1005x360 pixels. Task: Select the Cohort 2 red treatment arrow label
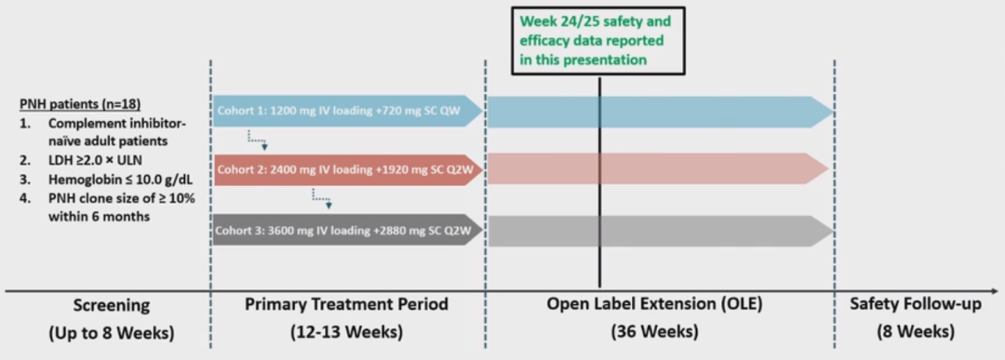pos(345,169)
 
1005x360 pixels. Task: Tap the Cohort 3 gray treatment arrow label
pos(345,230)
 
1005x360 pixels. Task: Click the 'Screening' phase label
pos(112,305)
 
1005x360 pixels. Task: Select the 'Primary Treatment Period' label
pos(346,303)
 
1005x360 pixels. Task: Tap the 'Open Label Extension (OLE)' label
pos(654,304)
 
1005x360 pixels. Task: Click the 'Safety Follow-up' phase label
pos(916,305)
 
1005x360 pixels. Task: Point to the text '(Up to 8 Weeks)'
pos(112,333)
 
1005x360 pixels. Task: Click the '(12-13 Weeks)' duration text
pos(347,333)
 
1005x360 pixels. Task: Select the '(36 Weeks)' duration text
pos(655,333)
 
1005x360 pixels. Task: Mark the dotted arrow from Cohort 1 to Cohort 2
pos(258,140)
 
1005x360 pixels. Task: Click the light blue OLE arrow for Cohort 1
pos(660,112)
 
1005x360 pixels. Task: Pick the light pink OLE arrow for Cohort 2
pos(658,169)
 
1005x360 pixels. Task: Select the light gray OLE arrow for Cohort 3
pos(660,231)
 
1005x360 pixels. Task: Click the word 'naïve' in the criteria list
pos(66,140)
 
